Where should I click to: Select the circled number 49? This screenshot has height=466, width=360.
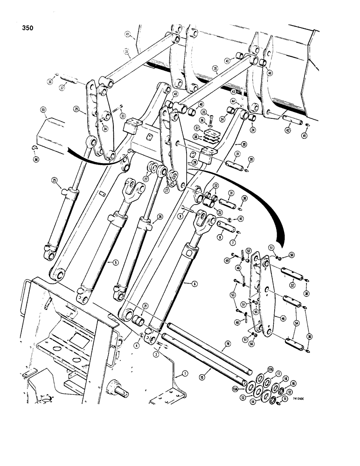click(x=232, y=260)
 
